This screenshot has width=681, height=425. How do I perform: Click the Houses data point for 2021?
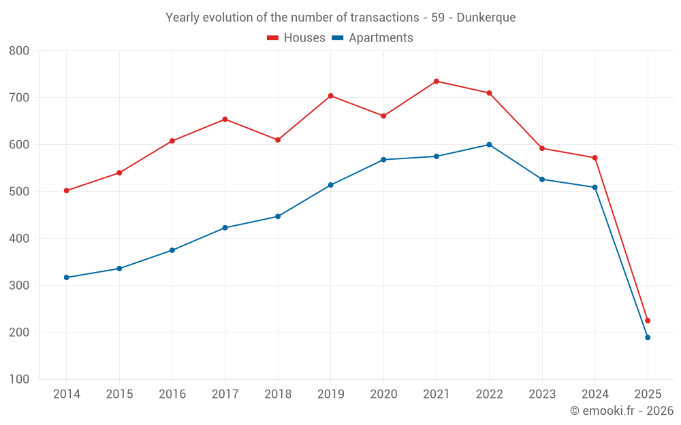(x=437, y=82)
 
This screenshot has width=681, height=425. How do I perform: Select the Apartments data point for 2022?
(x=489, y=145)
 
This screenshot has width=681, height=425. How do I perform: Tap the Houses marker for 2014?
(x=66, y=190)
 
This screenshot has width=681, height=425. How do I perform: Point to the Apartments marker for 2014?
(x=66, y=277)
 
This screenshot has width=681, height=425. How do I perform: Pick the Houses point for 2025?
(x=648, y=320)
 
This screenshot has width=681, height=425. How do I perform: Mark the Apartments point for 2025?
(x=648, y=337)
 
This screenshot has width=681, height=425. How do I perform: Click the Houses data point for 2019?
(x=331, y=96)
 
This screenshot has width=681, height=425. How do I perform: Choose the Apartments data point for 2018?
(x=278, y=216)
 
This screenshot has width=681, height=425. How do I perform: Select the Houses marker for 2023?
(x=542, y=148)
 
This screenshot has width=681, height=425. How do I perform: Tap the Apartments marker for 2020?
(x=383, y=160)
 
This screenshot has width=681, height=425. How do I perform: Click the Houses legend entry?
(x=296, y=38)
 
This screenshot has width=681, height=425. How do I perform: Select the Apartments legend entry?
(x=373, y=38)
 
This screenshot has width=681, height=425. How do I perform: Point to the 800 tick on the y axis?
(x=19, y=51)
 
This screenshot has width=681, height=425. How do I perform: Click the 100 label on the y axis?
(x=19, y=379)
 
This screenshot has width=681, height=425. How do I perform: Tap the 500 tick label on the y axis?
(x=19, y=192)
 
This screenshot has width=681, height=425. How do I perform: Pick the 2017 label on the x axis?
(x=225, y=394)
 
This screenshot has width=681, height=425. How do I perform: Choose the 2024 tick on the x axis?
(x=595, y=394)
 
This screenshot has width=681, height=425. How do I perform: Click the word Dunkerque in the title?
(x=486, y=18)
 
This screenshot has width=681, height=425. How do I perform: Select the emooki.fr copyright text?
(x=622, y=411)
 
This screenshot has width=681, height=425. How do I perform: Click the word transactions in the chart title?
(x=385, y=18)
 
